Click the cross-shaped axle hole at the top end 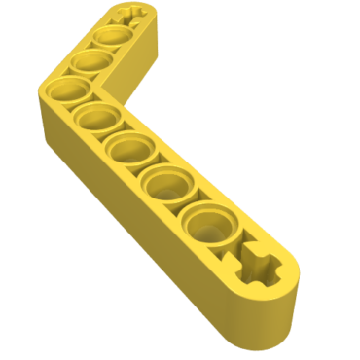(x=129, y=18)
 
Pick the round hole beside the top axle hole (x=109, y=38)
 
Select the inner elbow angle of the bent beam (x=125, y=95)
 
